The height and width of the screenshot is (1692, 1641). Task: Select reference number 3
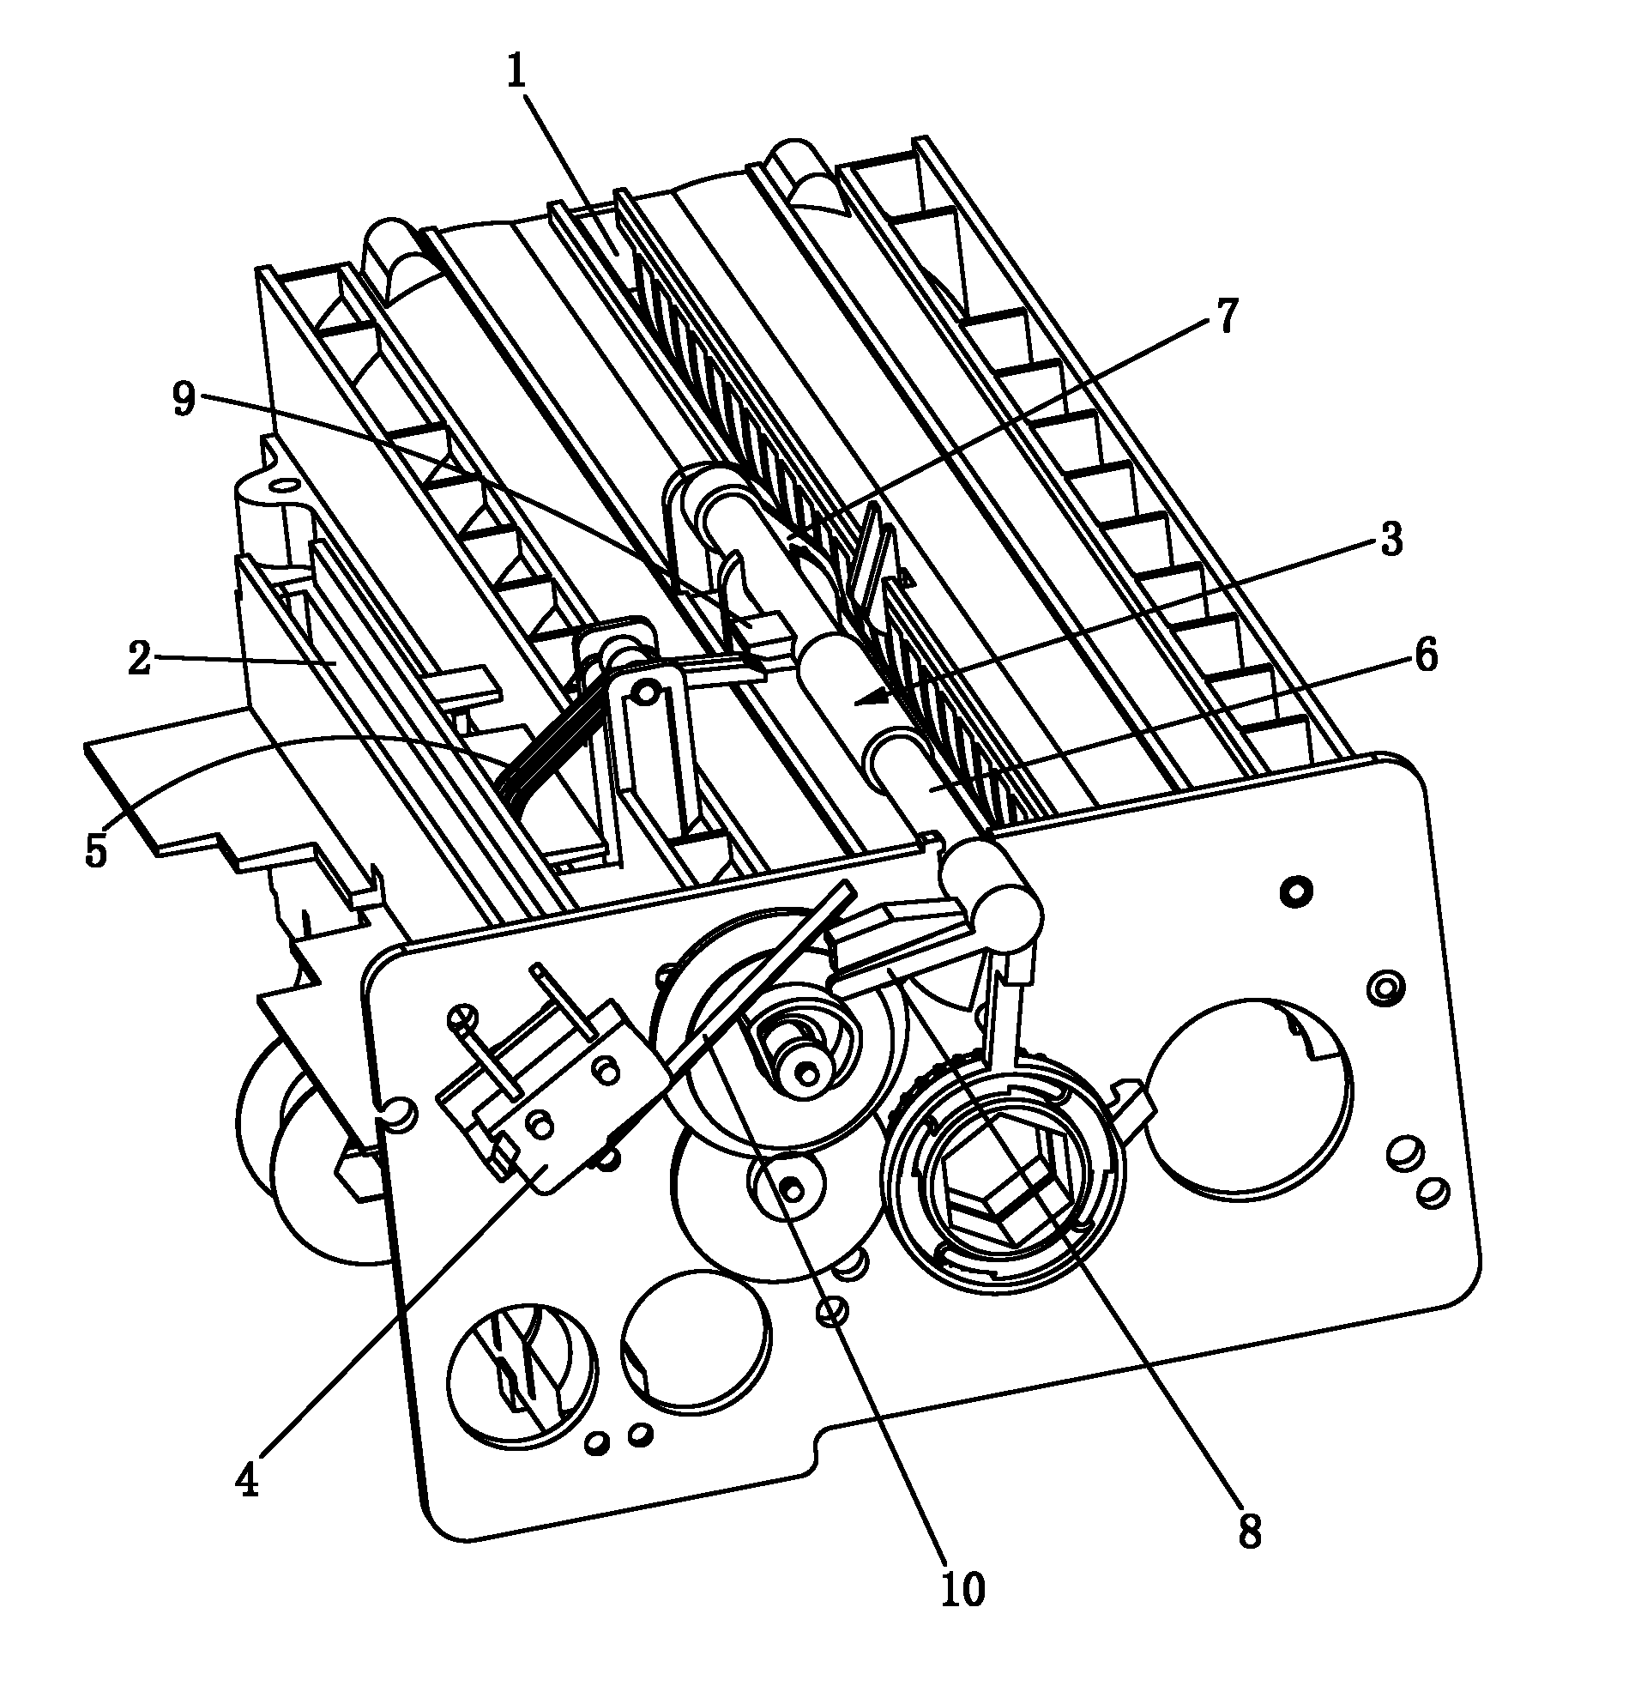[x=1390, y=540]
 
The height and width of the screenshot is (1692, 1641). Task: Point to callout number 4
[x=247, y=1482]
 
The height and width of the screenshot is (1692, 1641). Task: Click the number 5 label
[x=96, y=849]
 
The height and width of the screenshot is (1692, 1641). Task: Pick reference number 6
[x=1425, y=656]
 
